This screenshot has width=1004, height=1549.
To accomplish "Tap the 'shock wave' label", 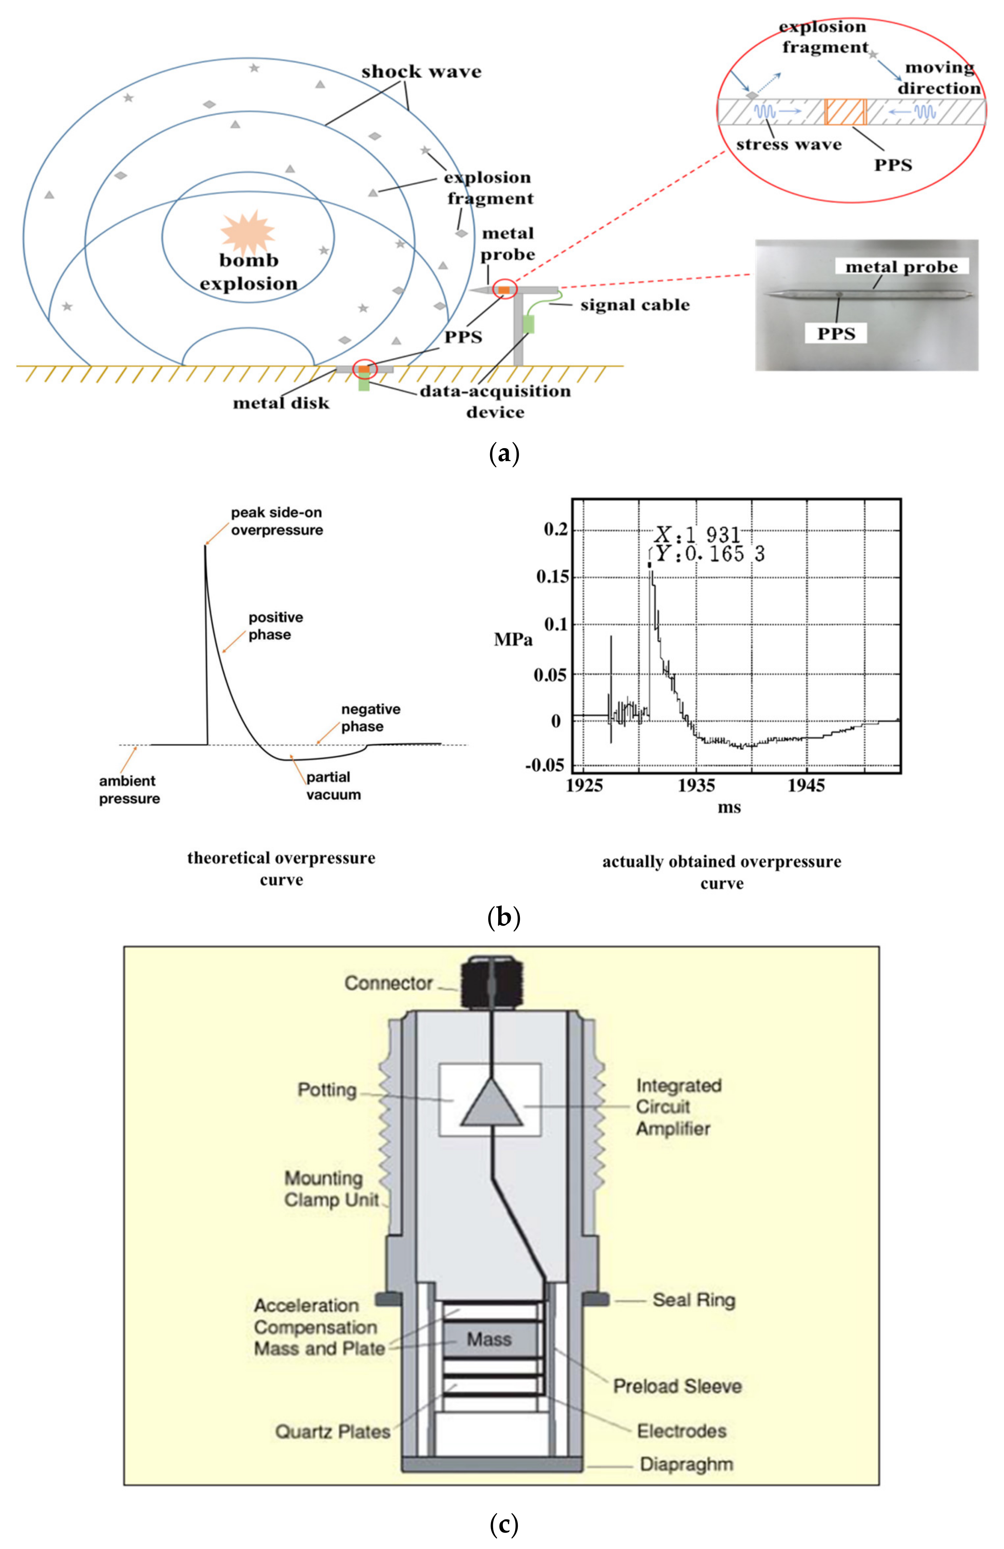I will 421,72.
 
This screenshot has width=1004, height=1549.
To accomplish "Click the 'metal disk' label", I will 281,403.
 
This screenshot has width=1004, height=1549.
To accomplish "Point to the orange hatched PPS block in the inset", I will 844,112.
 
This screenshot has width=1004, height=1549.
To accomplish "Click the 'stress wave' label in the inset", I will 788,144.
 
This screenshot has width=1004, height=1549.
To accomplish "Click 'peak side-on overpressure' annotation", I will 277,521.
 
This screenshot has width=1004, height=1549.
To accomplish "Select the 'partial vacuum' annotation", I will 333,786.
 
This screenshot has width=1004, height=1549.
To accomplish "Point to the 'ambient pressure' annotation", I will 129,790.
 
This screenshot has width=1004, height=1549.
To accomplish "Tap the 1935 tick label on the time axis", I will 696,786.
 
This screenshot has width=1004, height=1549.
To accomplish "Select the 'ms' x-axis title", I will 728,808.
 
